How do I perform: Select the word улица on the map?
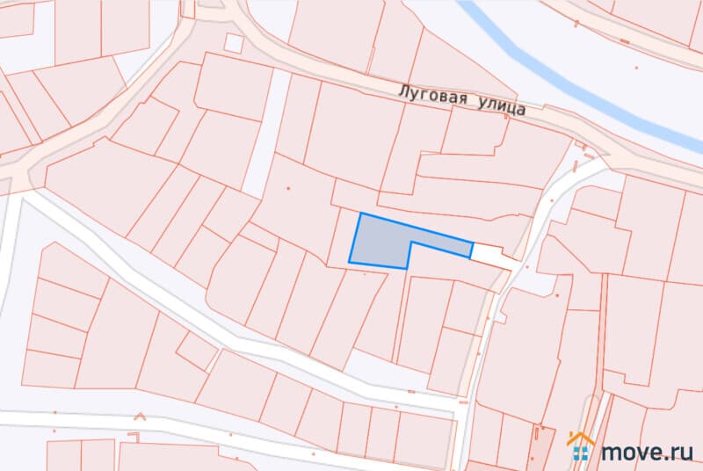pyautogui.click(x=502, y=105)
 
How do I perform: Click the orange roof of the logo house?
pyautogui.click(x=581, y=438)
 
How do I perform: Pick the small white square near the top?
pyautogui.click(x=234, y=43)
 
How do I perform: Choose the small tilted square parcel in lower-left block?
pyautogui.click(x=197, y=351)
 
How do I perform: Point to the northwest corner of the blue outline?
pyautogui.click(x=361, y=214)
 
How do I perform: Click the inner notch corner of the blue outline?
pyautogui.click(x=410, y=247)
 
